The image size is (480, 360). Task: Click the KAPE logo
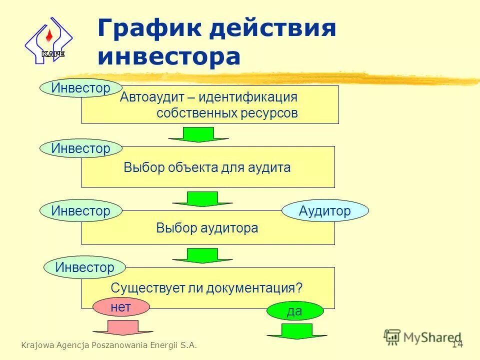[48, 40]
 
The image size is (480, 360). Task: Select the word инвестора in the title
[169, 56]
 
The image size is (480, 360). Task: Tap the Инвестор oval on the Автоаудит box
[81, 88]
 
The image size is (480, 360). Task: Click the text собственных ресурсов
[227, 113]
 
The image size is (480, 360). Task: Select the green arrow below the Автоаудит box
[198, 134]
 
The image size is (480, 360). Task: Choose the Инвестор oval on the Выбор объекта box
[81, 148]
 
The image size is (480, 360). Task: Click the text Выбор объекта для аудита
[207, 167]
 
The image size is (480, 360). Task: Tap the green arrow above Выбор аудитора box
[202, 199]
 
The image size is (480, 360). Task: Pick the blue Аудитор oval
[325, 211]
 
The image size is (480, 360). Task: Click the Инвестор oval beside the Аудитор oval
[81, 211]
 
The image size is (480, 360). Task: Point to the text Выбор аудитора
[207, 228]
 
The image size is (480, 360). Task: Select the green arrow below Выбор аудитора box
[202, 255]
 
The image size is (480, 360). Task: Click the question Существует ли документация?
[207, 288]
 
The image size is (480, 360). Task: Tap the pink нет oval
[121, 307]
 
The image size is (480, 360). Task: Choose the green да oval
[294, 311]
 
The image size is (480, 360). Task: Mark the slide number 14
[457, 344]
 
